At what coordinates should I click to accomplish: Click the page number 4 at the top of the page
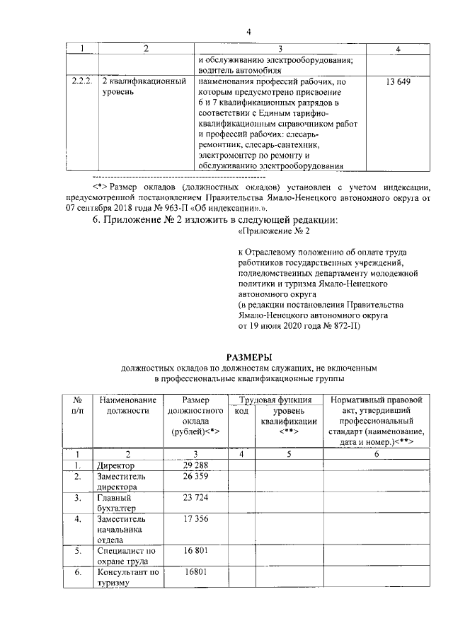[249, 32]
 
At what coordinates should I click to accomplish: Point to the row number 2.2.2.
[82, 83]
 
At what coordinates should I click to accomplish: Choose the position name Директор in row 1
[115, 467]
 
